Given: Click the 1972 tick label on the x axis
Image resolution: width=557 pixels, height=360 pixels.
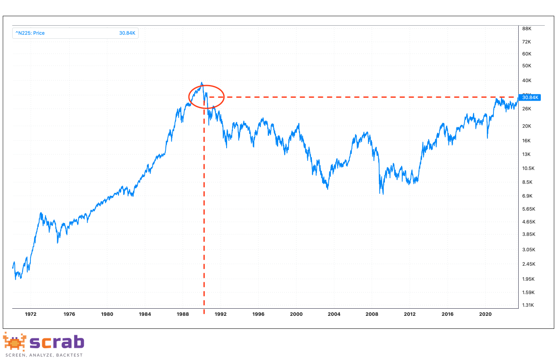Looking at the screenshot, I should click(x=30, y=314).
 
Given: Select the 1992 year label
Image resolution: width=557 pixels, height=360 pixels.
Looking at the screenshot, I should click(x=221, y=314).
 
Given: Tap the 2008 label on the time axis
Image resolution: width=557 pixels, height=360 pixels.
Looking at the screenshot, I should click(x=372, y=314).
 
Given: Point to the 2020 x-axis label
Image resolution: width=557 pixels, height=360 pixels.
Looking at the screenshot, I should click(x=485, y=314).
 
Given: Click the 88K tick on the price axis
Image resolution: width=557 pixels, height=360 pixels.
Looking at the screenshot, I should click(x=527, y=29).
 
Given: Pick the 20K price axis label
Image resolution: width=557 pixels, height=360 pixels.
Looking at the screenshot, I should click(x=527, y=126).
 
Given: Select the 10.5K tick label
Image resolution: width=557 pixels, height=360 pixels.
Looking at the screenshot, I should click(x=528, y=169).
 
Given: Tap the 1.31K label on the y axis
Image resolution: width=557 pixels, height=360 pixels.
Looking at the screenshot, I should click(x=528, y=305).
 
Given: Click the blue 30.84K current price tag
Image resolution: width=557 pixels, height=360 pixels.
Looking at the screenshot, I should click(x=530, y=97).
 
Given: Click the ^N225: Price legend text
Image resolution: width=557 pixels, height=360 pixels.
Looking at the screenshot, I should click(x=30, y=33).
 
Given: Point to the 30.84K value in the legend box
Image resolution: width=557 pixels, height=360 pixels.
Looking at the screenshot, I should click(x=127, y=33).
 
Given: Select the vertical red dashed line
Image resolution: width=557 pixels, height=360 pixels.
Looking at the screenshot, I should click(x=204, y=217).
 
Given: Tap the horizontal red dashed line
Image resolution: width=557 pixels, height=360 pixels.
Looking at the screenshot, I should click(x=355, y=97).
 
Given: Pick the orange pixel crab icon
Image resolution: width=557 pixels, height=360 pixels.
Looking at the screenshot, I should click(x=15, y=342).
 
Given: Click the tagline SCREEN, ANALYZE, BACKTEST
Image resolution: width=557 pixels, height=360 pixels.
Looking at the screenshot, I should click(x=44, y=355).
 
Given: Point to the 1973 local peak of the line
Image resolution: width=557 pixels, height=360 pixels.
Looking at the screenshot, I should click(x=41, y=213).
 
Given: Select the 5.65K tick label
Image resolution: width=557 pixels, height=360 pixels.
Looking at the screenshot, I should click(x=529, y=209).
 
